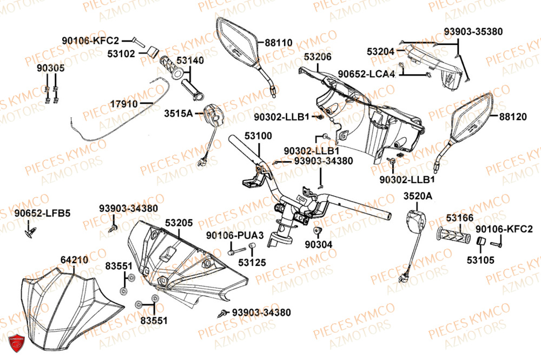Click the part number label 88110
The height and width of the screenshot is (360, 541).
coord(279,42)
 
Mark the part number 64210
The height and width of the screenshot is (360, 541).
coord(74,260)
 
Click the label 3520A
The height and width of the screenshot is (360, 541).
coord(418,197)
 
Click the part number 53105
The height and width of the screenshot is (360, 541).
coord(480,260)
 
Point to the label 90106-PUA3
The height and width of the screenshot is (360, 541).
coord(235,236)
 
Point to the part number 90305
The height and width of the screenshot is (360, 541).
coord(51,68)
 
